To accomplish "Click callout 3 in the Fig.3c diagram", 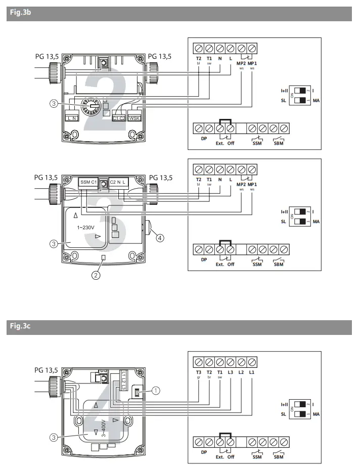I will [x=53, y=437].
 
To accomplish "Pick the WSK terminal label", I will [x=135, y=118].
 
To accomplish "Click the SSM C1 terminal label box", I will [x=88, y=182].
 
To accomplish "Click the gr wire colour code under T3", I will [x=198, y=378].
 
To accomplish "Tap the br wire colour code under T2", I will [x=209, y=378].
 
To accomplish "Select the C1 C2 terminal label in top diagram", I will [x=119, y=118].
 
